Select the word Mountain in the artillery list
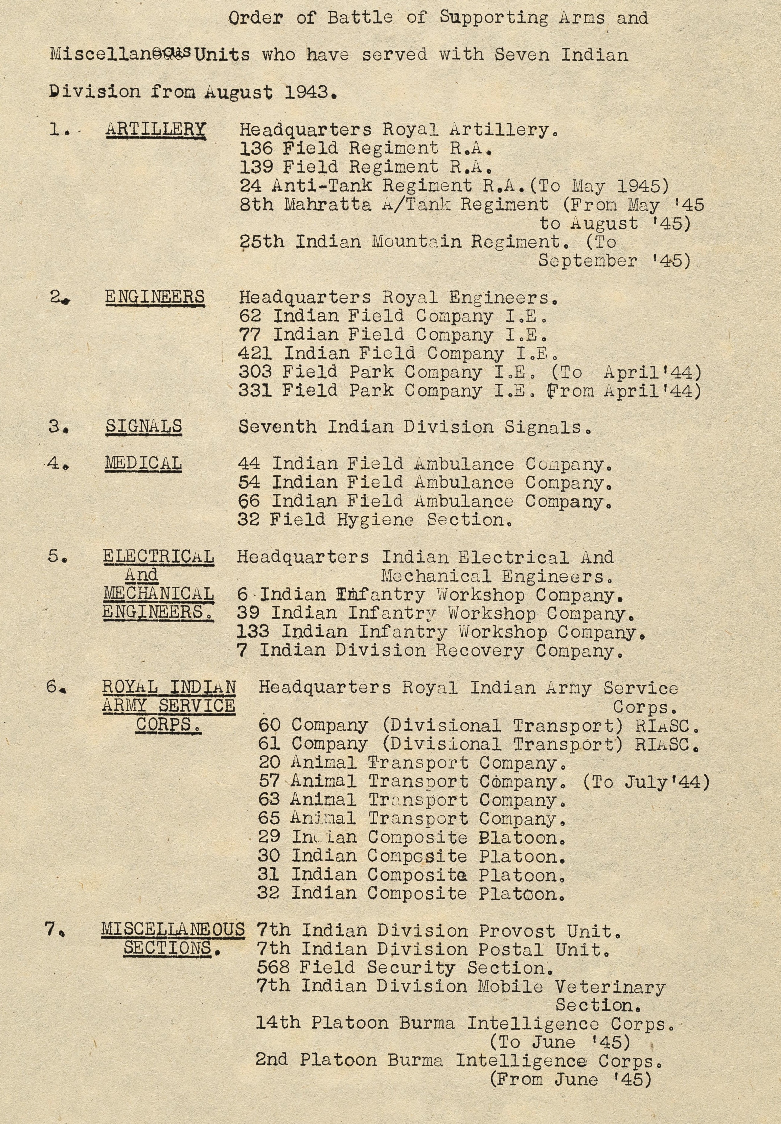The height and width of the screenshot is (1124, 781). coord(416,242)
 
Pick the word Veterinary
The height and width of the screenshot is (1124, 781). coord(610,987)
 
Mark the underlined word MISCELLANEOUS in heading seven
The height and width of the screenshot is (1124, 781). coord(173,929)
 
